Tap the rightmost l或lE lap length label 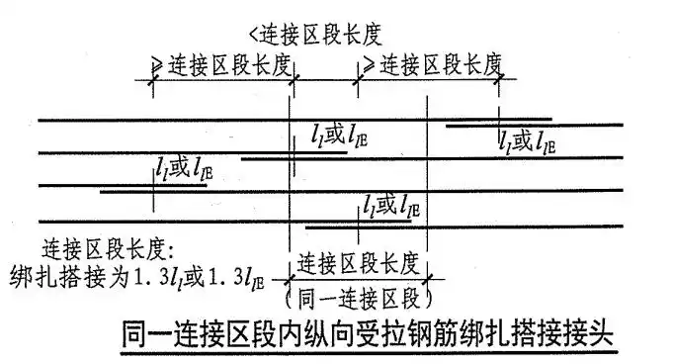[527, 140]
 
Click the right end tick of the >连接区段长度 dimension [500, 81]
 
